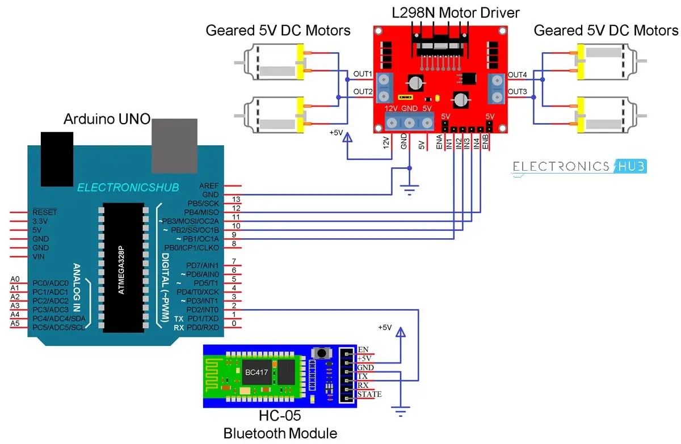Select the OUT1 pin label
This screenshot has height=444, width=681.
[x=363, y=74]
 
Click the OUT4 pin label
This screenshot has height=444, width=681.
[x=517, y=74]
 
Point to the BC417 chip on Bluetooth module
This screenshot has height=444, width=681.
[x=253, y=373]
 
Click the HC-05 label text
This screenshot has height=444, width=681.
[x=280, y=418]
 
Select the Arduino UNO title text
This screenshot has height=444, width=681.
[x=106, y=119]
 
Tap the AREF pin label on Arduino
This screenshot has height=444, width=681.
[x=209, y=186]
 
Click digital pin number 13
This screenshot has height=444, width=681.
[x=237, y=199]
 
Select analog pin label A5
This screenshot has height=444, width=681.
[x=15, y=323]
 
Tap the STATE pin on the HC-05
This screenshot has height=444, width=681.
[x=369, y=394]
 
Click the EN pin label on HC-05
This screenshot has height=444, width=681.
[x=364, y=349]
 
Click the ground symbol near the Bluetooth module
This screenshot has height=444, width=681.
[x=402, y=413]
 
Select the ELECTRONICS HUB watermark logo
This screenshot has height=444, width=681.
[x=579, y=166]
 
